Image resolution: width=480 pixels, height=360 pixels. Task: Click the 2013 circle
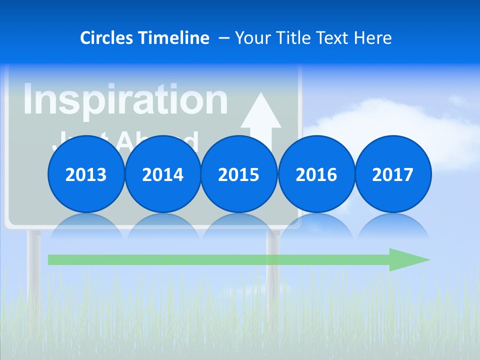click(x=86, y=174)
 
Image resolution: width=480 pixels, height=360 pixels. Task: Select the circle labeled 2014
click(x=162, y=174)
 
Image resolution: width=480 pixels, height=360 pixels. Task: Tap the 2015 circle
click(x=239, y=174)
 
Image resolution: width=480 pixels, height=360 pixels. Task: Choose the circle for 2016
click(x=316, y=174)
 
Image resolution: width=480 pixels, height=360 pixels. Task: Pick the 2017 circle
click(x=392, y=174)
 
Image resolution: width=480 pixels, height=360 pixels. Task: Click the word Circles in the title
click(x=107, y=38)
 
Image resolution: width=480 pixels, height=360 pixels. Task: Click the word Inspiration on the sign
click(x=125, y=99)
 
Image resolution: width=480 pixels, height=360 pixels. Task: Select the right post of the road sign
click(x=273, y=270)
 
